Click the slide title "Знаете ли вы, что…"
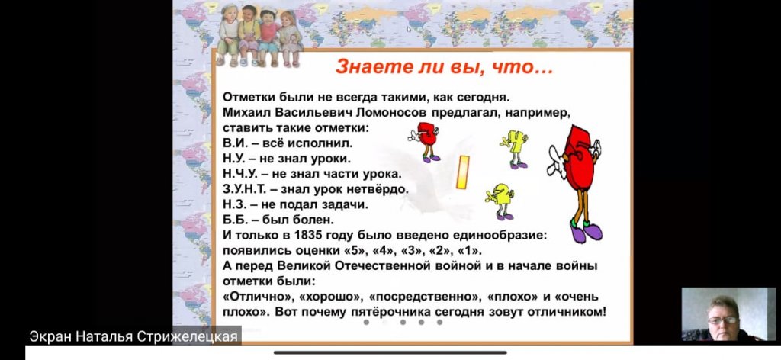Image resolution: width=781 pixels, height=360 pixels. (x=445, y=66)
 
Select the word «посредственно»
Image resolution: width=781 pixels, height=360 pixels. (x=423, y=297)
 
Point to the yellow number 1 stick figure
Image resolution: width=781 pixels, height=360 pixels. (x=463, y=172)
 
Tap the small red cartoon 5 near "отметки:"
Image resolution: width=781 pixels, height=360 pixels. (x=426, y=142)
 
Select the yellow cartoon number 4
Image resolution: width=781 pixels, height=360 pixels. (x=515, y=149)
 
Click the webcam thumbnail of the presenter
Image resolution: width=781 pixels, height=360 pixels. (x=728, y=314)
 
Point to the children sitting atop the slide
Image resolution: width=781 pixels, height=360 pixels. (x=259, y=36)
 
